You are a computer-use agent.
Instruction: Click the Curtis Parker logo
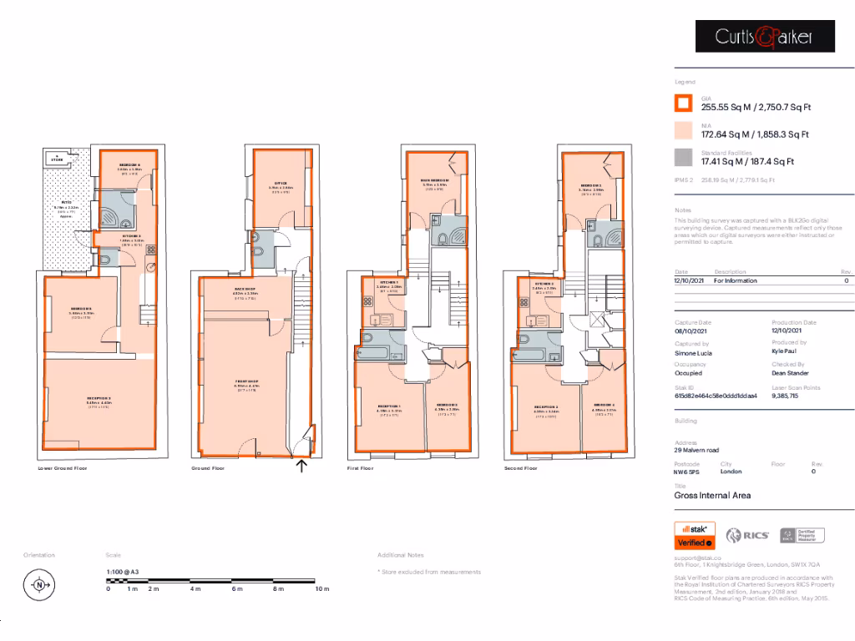765,36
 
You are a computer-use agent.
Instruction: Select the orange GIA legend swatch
683,103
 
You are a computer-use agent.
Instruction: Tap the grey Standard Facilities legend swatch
683,158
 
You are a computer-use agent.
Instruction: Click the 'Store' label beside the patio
58,159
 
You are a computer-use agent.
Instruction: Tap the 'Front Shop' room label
246,382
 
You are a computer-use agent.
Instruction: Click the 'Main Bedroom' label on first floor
435,181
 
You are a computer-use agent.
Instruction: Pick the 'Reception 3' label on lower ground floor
99,400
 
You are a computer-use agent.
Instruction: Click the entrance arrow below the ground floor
301,466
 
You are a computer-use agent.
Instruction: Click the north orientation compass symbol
38,585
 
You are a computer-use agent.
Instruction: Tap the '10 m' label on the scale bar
322,589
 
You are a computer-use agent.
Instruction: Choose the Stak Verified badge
695,535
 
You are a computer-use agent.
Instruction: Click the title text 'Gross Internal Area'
712,496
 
